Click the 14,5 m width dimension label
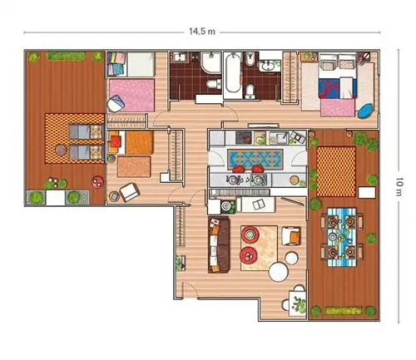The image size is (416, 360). [x=202, y=32]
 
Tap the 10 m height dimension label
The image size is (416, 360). [x=399, y=187]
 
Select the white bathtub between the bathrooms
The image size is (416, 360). [x=233, y=72]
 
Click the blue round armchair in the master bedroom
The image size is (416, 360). [x=365, y=111]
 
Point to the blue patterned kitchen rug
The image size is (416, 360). [x=255, y=160]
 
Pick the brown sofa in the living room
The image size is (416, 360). [x=219, y=245]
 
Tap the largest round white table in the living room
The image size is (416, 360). [x=279, y=272]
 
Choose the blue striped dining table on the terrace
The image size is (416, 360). [x=342, y=237]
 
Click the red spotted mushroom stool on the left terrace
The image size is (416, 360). [x=97, y=182]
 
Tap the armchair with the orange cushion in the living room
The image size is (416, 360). [x=291, y=236]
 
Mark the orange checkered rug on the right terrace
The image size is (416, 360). [x=336, y=171]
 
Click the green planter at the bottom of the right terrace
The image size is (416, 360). [x=343, y=311]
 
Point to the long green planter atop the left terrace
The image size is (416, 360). [x=66, y=57]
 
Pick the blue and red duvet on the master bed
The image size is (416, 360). [x=337, y=88]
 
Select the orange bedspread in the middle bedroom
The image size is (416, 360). [x=139, y=142]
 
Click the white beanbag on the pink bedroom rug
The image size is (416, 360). [x=116, y=104]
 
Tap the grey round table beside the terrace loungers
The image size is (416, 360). [x=61, y=150]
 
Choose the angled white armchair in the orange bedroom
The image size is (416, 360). [x=129, y=192]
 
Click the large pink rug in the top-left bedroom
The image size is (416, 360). [x=131, y=95]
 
